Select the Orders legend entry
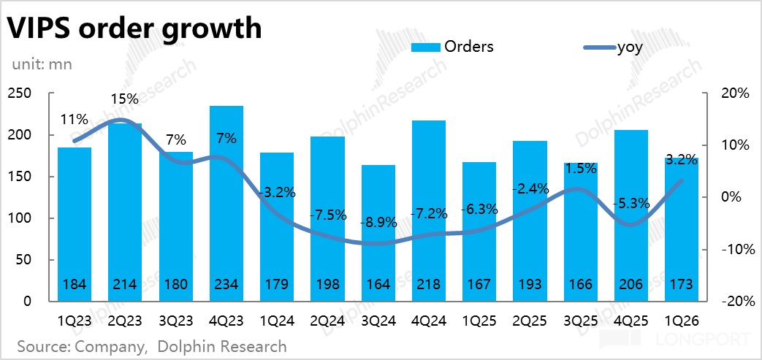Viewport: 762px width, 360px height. tap(452, 47)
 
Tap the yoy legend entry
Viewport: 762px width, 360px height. tap(613, 47)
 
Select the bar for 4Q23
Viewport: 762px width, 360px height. tap(226, 204)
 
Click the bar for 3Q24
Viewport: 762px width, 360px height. tap(378, 233)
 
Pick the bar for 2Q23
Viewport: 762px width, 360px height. tap(126, 212)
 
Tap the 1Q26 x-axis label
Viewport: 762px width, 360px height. tap(682, 321)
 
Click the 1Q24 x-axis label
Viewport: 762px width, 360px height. tap(277, 321)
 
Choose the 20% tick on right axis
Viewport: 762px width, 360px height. tap(736, 93)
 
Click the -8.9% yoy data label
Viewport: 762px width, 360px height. tap(378, 224)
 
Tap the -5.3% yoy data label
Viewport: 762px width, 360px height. tap(631, 204)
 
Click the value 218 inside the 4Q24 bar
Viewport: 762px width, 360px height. tap(429, 284)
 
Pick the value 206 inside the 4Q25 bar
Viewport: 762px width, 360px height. tap(631, 284)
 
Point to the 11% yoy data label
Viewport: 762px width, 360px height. tap(75, 120)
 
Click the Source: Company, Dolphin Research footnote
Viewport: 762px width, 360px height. tap(152, 347)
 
